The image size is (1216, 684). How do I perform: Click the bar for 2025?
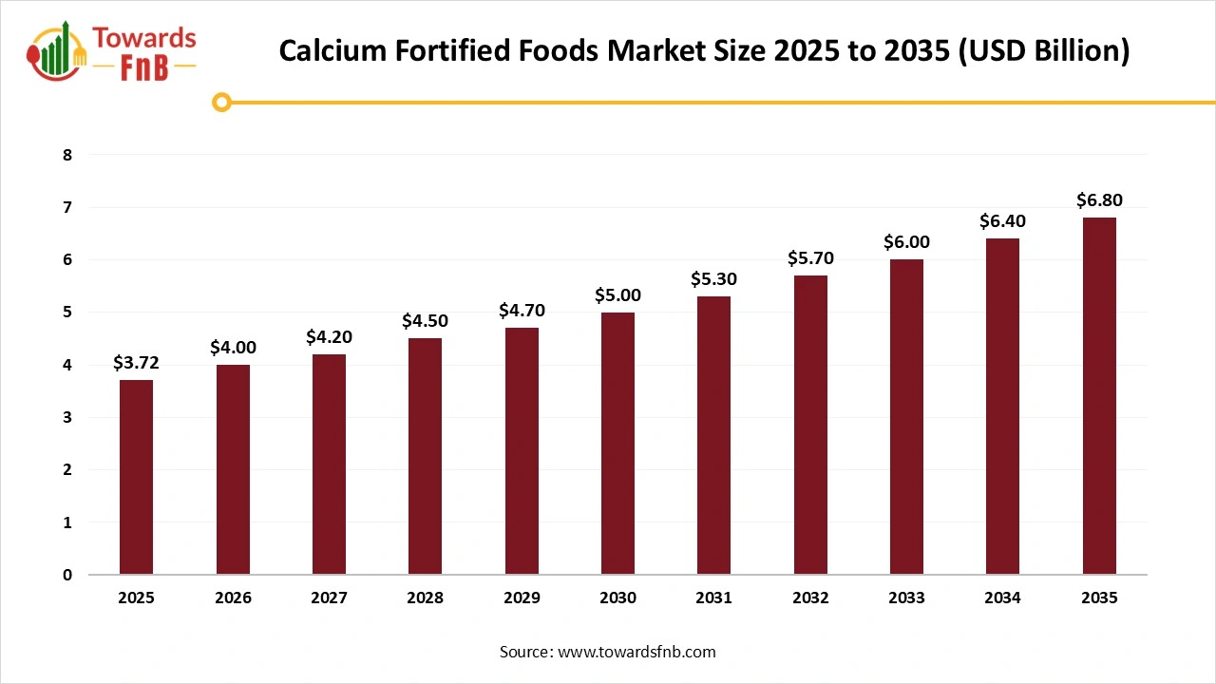pos(136,477)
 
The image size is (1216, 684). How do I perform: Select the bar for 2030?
pos(617,443)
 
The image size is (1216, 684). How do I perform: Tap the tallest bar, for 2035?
pos(1099,396)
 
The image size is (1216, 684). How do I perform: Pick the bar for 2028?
pos(425,456)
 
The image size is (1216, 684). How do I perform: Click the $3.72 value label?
pos(136,363)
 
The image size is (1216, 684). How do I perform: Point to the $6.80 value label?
pos(1099,200)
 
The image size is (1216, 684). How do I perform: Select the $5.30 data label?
pos(713,279)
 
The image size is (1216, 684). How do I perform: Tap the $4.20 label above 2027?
pos(329,337)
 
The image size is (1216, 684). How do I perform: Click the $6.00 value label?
pos(906,242)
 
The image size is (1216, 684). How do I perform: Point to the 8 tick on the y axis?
pos(67,155)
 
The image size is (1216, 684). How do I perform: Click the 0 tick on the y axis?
pos(67,575)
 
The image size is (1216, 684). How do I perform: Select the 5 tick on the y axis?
pos(67,313)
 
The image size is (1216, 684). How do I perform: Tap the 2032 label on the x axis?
pos(810,598)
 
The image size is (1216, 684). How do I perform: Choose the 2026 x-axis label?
pos(233,598)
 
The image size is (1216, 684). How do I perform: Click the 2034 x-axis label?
pos(1002,598)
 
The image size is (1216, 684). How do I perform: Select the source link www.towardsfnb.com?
pos(636,652)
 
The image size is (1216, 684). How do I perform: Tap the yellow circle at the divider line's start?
pos(222,102)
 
